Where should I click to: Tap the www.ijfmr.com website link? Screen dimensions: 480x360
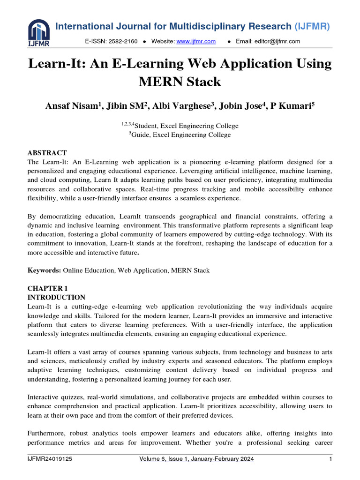pos(196,42)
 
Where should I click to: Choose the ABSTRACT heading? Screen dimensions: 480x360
pos(47,153)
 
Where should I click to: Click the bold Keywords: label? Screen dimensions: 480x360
pos(45,270)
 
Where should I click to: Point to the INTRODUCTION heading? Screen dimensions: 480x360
pos(56,297)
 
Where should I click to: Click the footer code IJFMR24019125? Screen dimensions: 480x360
pos(49,460)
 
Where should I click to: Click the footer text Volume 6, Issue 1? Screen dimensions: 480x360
pos(169,460)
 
